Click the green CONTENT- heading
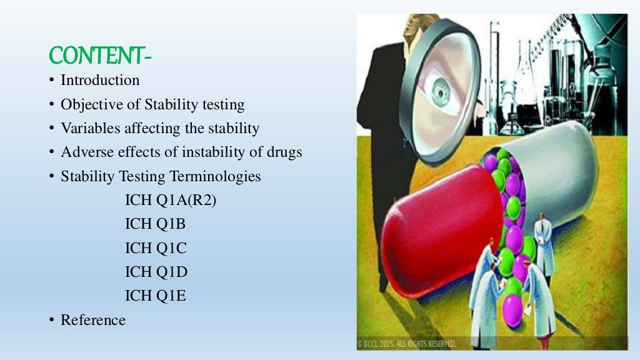click(100, 57)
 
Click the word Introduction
click(100, 81)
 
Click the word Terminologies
click(216, 177)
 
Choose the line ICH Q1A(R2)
click(171, 201)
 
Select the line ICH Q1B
click(156, 224)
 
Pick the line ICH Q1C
click(156, 248)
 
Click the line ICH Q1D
click(156, 272)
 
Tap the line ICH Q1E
click(156, 296)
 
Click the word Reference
click(93, 320)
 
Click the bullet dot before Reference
click(52, 320)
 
